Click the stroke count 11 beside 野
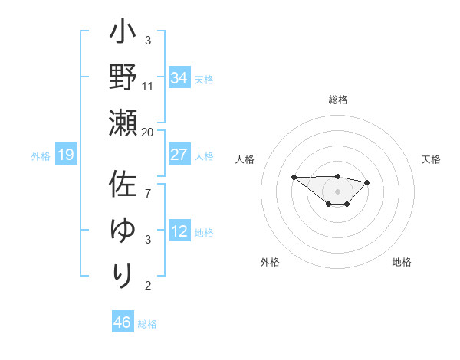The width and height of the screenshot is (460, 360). [148, 87]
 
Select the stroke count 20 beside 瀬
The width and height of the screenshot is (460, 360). [148, 132]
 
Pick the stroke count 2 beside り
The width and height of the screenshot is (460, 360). [148, 286]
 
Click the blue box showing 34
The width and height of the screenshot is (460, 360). [179, 78]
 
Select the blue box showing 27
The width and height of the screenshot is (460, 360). [179, 155]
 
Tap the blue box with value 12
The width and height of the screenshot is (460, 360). [179, 231]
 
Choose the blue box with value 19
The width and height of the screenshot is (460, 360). [66, 155]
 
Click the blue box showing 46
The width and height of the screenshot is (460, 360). [123, 322]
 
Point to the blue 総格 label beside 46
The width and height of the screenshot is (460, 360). [148, 324]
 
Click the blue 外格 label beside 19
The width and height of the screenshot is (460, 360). [41, 156]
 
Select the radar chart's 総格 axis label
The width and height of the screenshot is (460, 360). [338, 100]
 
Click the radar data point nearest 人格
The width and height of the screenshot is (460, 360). [294, 178]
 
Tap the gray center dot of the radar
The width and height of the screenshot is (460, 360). [338, 191]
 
